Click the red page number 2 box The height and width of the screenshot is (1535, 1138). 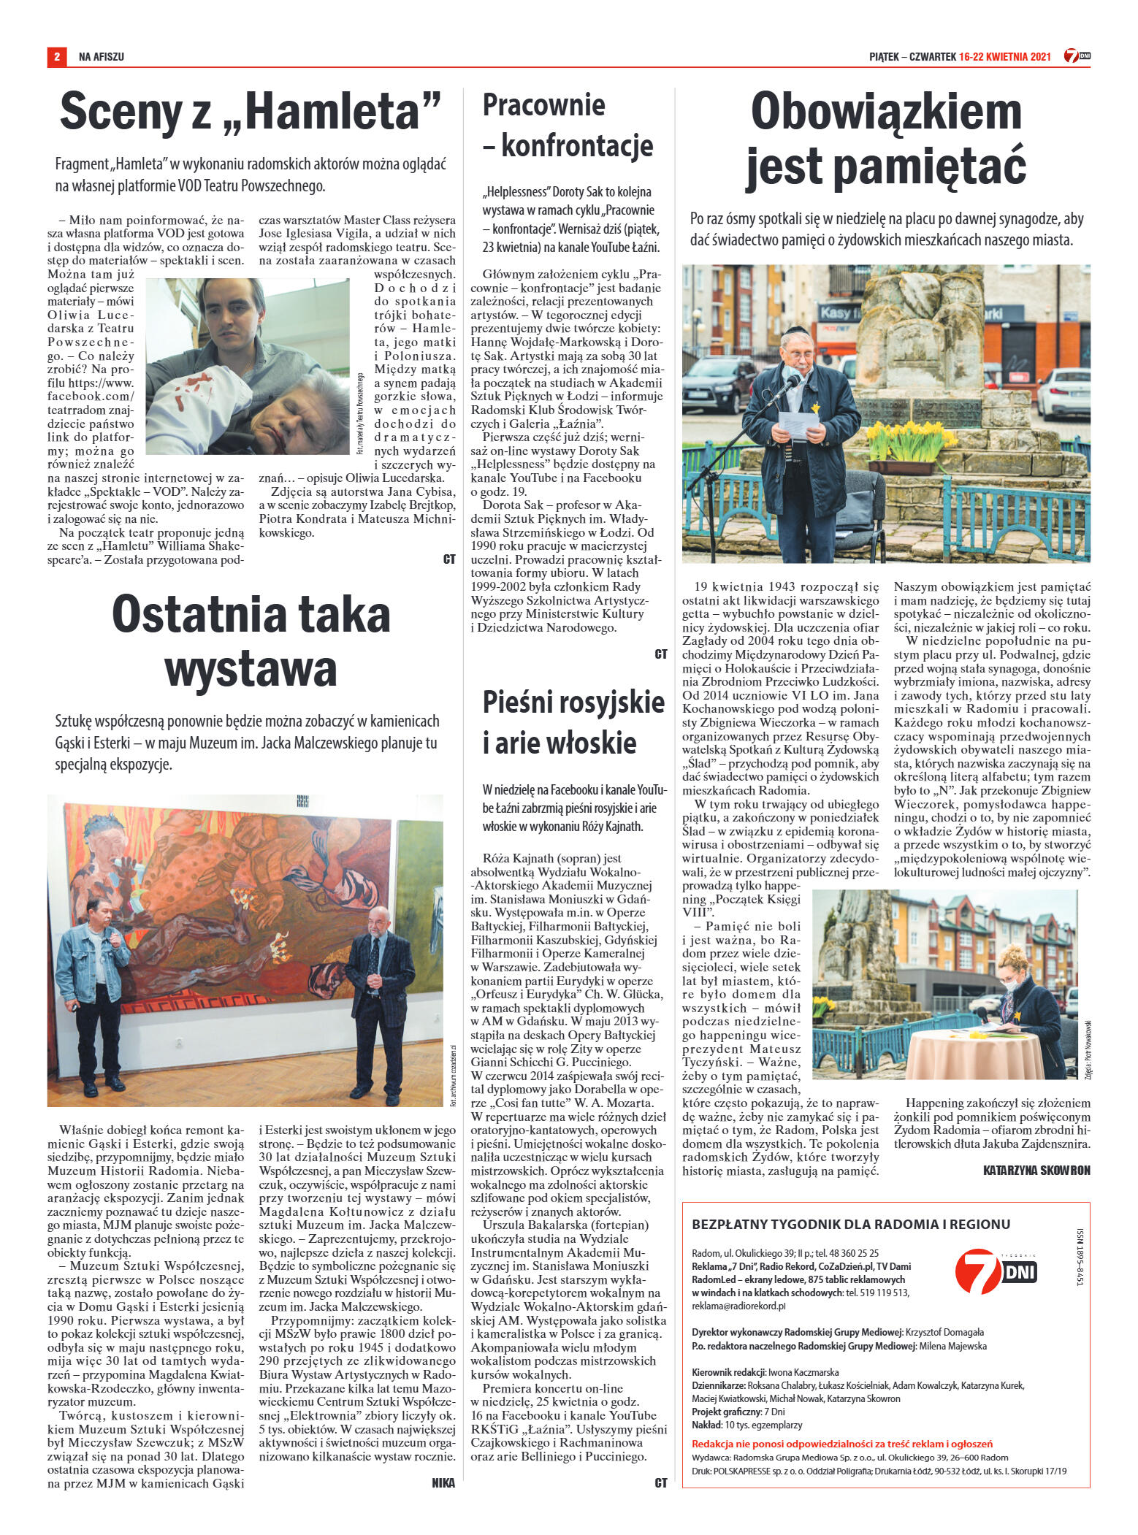56,56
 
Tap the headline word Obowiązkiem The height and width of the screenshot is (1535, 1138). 886,112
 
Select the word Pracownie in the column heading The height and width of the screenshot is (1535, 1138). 543,105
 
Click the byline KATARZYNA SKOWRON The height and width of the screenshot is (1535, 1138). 1036,1170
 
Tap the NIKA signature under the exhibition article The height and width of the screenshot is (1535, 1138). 443,1482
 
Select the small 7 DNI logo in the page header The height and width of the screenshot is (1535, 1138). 1077,56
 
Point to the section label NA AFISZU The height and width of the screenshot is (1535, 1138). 102,56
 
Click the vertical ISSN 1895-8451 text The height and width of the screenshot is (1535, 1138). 1080,1255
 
